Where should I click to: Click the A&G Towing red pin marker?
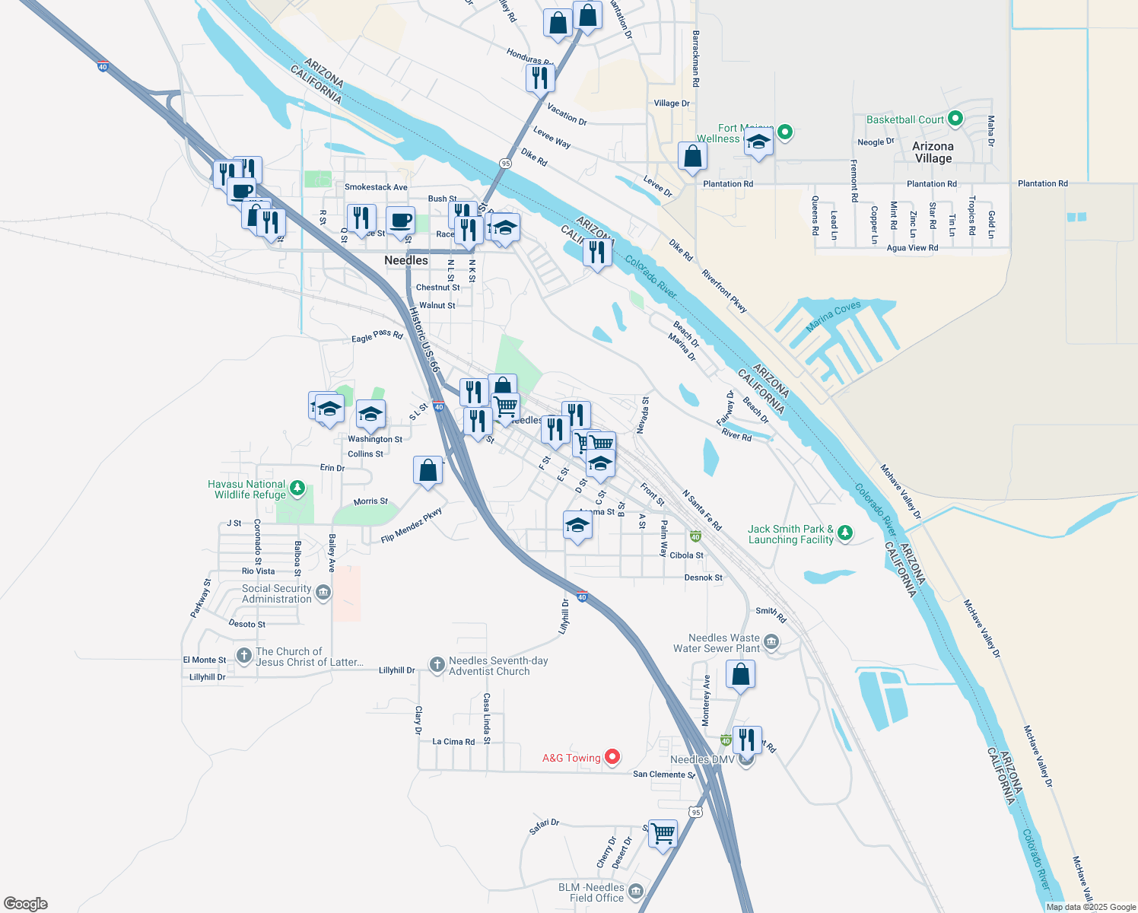click(x=612, y=757)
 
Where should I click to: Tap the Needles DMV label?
click(x=702, y=759)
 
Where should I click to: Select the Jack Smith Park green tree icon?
click(x=844, y=533)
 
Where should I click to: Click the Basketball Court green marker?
click(x=955, y=119)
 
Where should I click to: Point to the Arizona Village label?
click(x=933, y=152)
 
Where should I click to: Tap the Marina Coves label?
click(x=833, y=317)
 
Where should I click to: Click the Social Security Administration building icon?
click(x=323, y=593)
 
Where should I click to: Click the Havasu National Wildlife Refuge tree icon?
click(x=297, y=488)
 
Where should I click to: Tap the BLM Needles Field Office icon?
click(x=636, y=892)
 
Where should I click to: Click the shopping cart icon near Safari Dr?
click(x=663, y=832)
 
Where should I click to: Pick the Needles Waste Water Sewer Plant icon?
click(x=771, y=643)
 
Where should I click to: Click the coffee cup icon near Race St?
click(x=400, y=221)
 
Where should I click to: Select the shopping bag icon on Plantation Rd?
click(x=692, y=156)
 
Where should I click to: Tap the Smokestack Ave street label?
click(x=376, y=187)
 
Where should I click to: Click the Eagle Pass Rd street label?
click(x=377, y=336)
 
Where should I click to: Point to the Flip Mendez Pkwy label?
click(x=412, y=526)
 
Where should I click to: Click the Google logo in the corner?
click(x=26, y=903)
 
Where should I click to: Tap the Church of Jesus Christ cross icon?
click(x=243, y=656)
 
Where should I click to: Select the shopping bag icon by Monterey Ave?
click(x=740, y=674)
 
